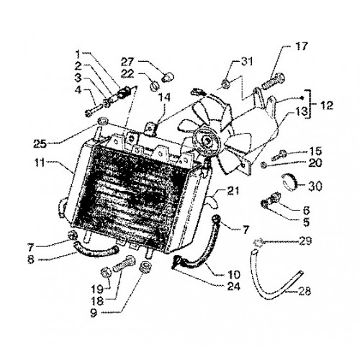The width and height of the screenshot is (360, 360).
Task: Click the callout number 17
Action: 301,45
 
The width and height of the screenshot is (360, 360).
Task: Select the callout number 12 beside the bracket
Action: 326,105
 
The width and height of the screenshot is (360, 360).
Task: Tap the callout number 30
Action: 315,186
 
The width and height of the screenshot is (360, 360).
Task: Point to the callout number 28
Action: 304,291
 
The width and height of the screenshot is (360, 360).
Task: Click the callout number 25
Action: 40,143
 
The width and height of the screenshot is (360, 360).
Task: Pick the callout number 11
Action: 40,163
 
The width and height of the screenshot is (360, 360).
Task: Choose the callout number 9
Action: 94,313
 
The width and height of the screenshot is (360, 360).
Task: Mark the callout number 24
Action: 233,286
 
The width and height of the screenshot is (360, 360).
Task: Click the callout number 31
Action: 246,62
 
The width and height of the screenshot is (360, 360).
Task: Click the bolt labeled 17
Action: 273,81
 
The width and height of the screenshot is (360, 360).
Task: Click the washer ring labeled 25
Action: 103,121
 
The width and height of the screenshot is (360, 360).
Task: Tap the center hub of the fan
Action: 206,142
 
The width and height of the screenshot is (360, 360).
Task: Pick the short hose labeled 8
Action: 96,251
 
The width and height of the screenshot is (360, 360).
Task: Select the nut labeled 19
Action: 105,273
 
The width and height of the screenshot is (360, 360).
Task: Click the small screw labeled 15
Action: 279,155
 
